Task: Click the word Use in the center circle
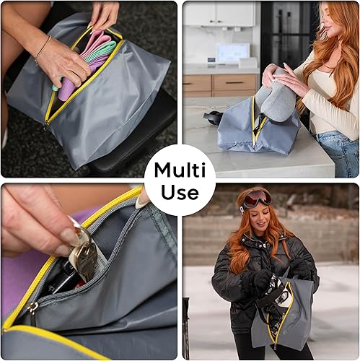pyautogui.click(x=180, y=193)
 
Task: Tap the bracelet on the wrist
pyautogui.click(x=43, y=51)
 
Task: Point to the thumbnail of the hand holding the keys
pyautogui.click(x=69, y=236)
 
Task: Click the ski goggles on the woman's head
pyautogui.click(x=258, y=198)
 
